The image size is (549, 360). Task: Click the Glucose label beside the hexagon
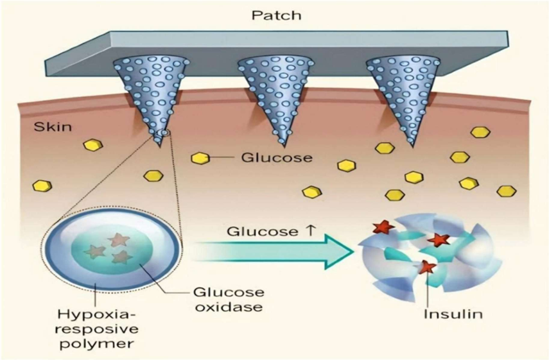coord(266,157)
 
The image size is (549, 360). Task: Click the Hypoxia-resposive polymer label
coord(90,327)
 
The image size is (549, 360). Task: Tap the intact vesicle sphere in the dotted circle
coord(110,250)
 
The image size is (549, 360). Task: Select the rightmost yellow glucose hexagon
coord(507,191)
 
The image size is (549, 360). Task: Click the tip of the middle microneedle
coord(281,142)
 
